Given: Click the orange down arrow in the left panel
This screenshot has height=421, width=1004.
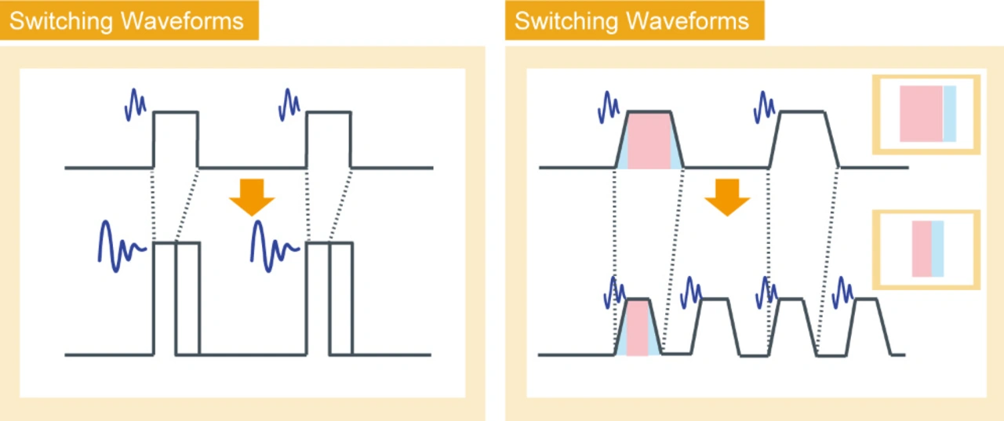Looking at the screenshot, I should tap(252, 197).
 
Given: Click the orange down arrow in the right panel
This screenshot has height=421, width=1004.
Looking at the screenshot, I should tap(727, 197).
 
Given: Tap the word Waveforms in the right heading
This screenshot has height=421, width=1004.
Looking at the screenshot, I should tap(688, 21).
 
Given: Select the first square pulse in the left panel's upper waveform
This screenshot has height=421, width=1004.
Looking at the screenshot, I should tap(176, 139).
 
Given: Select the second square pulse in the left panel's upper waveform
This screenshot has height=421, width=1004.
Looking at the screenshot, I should tap(328, 139).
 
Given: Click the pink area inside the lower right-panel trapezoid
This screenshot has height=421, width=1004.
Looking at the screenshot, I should tap(637, 328).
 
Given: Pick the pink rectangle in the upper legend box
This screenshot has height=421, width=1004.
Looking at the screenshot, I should tap(920, 114).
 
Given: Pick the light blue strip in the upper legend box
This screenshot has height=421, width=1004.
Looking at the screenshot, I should tap(949, 114).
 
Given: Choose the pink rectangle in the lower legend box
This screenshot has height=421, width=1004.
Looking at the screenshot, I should tap(921, 249).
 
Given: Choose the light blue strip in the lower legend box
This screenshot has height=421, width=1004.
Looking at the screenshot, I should tap(937, 249).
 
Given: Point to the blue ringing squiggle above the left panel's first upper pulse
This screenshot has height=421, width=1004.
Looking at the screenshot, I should tap(135, 103).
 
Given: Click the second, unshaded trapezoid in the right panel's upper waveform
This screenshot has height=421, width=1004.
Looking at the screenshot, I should tap(802, 140).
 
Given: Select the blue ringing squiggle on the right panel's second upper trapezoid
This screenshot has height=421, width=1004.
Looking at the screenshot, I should tap(764, 106).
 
